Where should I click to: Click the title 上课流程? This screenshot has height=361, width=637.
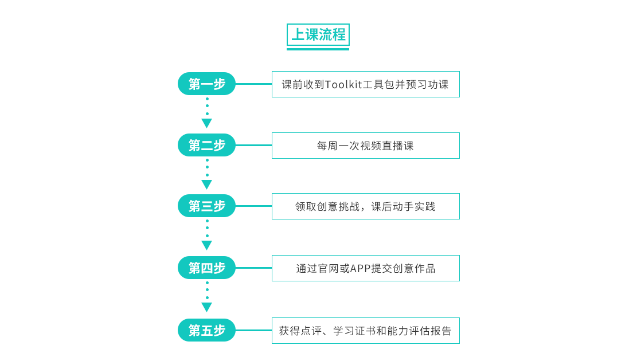pos(318,34)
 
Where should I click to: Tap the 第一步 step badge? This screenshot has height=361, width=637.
pos(207,84)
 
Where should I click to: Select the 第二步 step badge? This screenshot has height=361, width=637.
pos(207,145)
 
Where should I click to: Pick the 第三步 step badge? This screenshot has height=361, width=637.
pos(207,206)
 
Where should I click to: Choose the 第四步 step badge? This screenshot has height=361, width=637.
pos(207,268)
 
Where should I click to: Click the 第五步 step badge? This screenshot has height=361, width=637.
pos(207,330)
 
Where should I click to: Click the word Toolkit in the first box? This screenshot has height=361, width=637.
pos(343,84)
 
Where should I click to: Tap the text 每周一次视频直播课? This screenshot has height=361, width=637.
pos(365,146)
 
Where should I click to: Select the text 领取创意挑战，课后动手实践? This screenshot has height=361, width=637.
pos(365,207)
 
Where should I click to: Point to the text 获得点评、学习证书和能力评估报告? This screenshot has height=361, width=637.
pos(365,331)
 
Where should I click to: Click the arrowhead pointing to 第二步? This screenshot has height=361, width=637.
pos(207,123)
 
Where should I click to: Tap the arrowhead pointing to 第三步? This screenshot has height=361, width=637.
pos(207,185)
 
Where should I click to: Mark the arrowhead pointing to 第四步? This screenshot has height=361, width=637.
pos(207,245)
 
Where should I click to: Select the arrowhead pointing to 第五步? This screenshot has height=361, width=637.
pos(207,307)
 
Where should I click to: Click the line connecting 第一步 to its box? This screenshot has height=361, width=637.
pos(254,84)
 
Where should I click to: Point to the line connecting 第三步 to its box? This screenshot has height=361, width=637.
pos(254,206)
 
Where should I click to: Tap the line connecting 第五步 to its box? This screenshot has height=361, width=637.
pos(254,330)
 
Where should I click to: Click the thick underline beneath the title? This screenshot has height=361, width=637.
pos(318,49)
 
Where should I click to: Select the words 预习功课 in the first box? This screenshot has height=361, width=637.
pos(427,84)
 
